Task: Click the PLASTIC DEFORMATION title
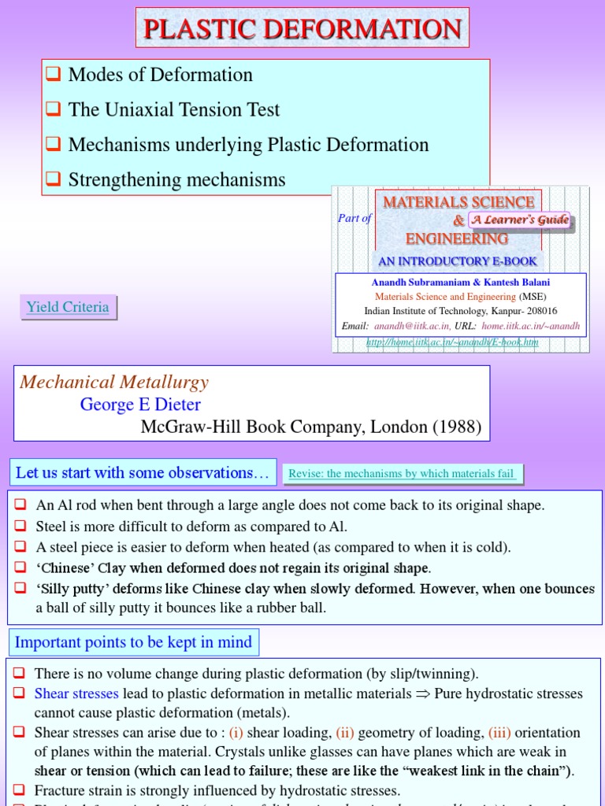pos(302,28)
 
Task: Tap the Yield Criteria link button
pos(68,307)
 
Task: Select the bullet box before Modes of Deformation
pos(54,76)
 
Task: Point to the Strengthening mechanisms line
pos(176,179)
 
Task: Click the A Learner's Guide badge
pos(520,220)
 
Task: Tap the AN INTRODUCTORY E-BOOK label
pos(458,261)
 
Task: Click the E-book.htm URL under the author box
pos(452,342)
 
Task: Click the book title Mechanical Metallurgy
pos(114,383)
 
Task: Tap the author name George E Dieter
pos(140,405)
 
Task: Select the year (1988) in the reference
pos(455,427)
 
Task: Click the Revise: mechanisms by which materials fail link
pos(403,474)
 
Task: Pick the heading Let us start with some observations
pos(143,473)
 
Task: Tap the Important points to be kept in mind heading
pos(133,642)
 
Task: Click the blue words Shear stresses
pos(76,694)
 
